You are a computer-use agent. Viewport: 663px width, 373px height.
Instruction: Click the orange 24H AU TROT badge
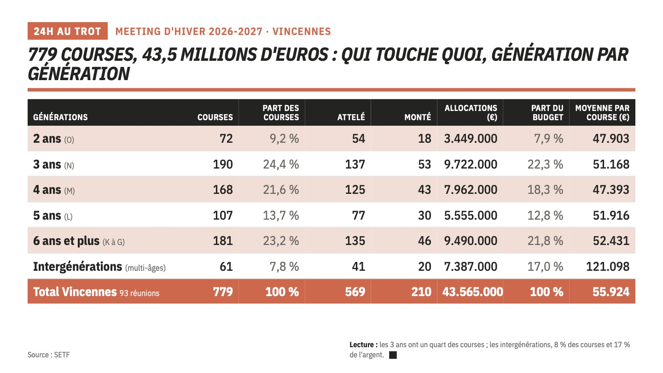click(x=68, y=31)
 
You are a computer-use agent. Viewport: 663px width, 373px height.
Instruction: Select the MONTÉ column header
click(x=418, y=117)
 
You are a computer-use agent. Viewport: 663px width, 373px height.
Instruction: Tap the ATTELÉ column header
click(x=351, y=117)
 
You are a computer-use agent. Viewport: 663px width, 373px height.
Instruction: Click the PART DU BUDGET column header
click(x=547, y=112)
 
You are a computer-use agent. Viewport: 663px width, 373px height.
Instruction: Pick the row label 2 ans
click(x=47, y=139)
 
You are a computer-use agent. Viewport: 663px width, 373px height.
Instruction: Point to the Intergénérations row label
click(x=77, y=267)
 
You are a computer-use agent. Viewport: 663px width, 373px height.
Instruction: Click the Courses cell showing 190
click(x=223, y=164)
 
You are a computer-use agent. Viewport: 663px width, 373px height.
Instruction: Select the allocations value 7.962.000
click(x=471, y=190)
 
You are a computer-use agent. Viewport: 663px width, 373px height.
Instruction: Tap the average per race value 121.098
click(x=608, y=267)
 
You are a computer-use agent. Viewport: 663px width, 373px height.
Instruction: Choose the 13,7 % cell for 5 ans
click(x=281, y=216)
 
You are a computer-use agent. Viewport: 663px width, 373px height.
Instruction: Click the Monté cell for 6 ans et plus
click(x=425, y=241)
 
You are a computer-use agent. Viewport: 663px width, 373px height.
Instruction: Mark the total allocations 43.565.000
click(x=472, y=292)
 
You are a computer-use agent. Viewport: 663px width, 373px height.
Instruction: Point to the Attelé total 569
click(x=355, y=292)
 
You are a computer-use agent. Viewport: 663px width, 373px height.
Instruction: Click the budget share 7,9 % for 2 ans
click(x=548, y=139)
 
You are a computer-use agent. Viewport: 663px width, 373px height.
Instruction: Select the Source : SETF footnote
click(x=48, y=355)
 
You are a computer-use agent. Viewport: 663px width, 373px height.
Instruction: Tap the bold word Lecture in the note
click(x=361, y=344)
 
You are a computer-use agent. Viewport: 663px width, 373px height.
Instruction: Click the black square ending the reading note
click(x=393, y=355)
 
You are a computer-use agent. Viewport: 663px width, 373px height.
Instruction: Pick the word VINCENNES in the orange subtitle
click(x=302, y=31)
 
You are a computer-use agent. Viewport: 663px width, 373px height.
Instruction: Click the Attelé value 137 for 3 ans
click(x=355, y=164)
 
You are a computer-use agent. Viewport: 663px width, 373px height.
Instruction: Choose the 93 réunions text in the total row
click(x=140, y=293)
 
